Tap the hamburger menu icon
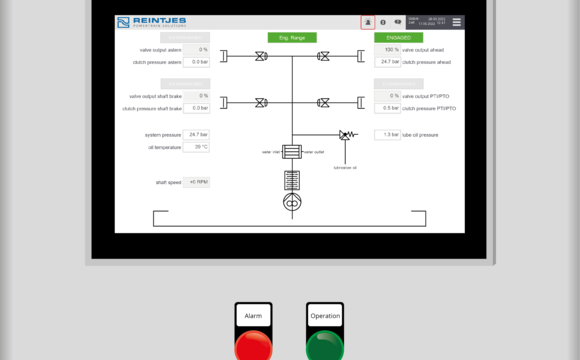(457, 21)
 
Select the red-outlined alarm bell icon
(367, 21)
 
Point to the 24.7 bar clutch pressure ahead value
(388, 61)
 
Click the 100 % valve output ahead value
(388, 49)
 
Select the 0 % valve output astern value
(196, 49)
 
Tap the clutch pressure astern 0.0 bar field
(196, 61)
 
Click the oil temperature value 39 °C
(196, 146)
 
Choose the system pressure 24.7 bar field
(196, 134)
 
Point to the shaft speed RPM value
(196, 182)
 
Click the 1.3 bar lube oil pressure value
(388, 134)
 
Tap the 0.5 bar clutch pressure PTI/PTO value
(388, 108)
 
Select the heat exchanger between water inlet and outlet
(292, 152)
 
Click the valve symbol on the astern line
(261, 56)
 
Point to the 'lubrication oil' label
(345, 167)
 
